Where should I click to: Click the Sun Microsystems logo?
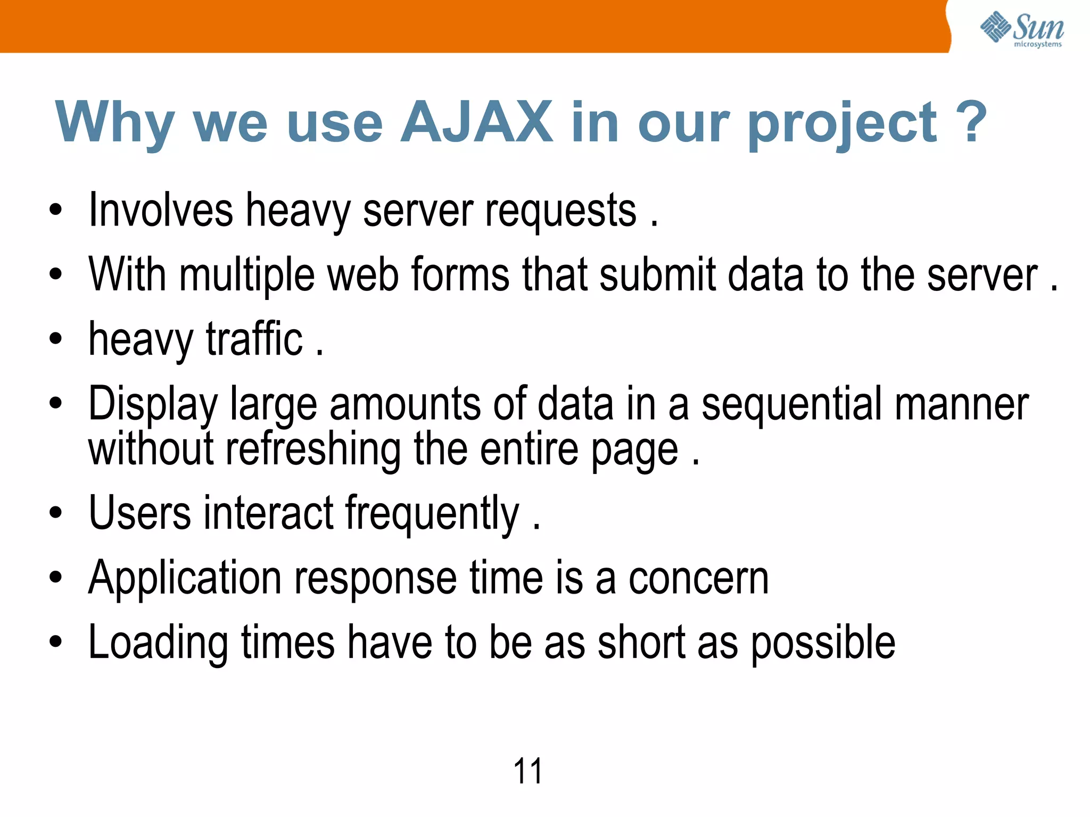tap(1022, 29)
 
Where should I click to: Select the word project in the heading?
tap(841, 126)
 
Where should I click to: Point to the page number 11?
tap(527, 771)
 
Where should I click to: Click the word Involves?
tap(161, 211)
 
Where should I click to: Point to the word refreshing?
tap(313, 450)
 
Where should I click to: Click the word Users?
tap(140, 513)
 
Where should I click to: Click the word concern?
tap(698, 579)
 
